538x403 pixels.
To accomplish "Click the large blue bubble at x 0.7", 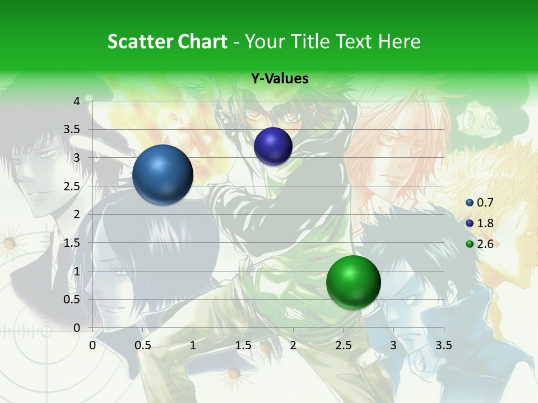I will [x=163, y=175].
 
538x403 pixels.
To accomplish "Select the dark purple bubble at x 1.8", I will [x=273, y=147].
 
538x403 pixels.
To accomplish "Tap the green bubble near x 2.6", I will [x=353, y=282].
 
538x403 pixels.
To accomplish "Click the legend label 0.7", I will [x=485, y=203].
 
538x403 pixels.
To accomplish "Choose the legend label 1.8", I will [x=485, y=223].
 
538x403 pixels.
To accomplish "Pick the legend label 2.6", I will [x=485, y=244].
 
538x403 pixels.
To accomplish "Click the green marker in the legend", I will [x=470, y=244].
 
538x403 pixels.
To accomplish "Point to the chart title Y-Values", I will [x=280, y=79].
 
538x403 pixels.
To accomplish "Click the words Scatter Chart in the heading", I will [x=168, y=41].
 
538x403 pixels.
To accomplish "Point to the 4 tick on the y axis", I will [x=77, y=101].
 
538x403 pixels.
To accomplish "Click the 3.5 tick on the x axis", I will [x=444, y=345].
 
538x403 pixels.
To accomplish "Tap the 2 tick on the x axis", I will [x=293, y=345].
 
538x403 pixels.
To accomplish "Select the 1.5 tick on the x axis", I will [x=243, y=345].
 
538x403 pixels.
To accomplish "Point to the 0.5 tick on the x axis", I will [x=142, y=345].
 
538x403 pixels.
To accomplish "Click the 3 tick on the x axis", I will [x=393, y=345].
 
